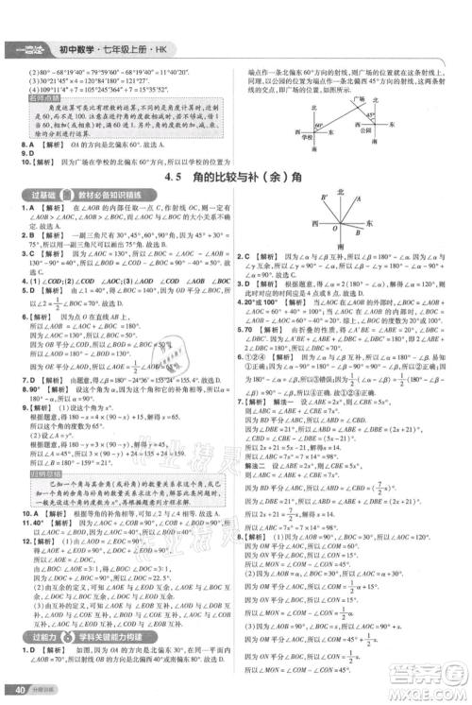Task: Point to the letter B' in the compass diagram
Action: coord(319,197)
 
